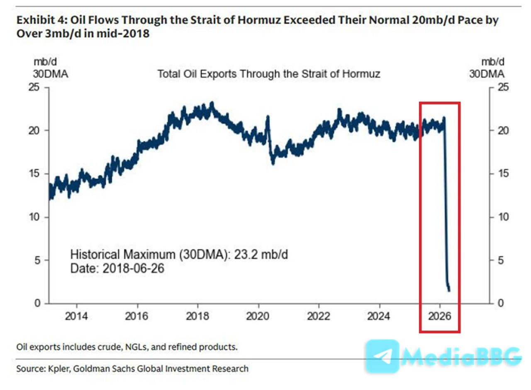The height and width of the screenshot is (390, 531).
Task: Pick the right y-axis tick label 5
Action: click(502, 261)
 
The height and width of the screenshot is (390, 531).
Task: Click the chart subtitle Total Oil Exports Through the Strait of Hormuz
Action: click(269, 74)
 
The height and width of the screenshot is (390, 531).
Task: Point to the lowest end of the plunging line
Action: click(449, 290)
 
